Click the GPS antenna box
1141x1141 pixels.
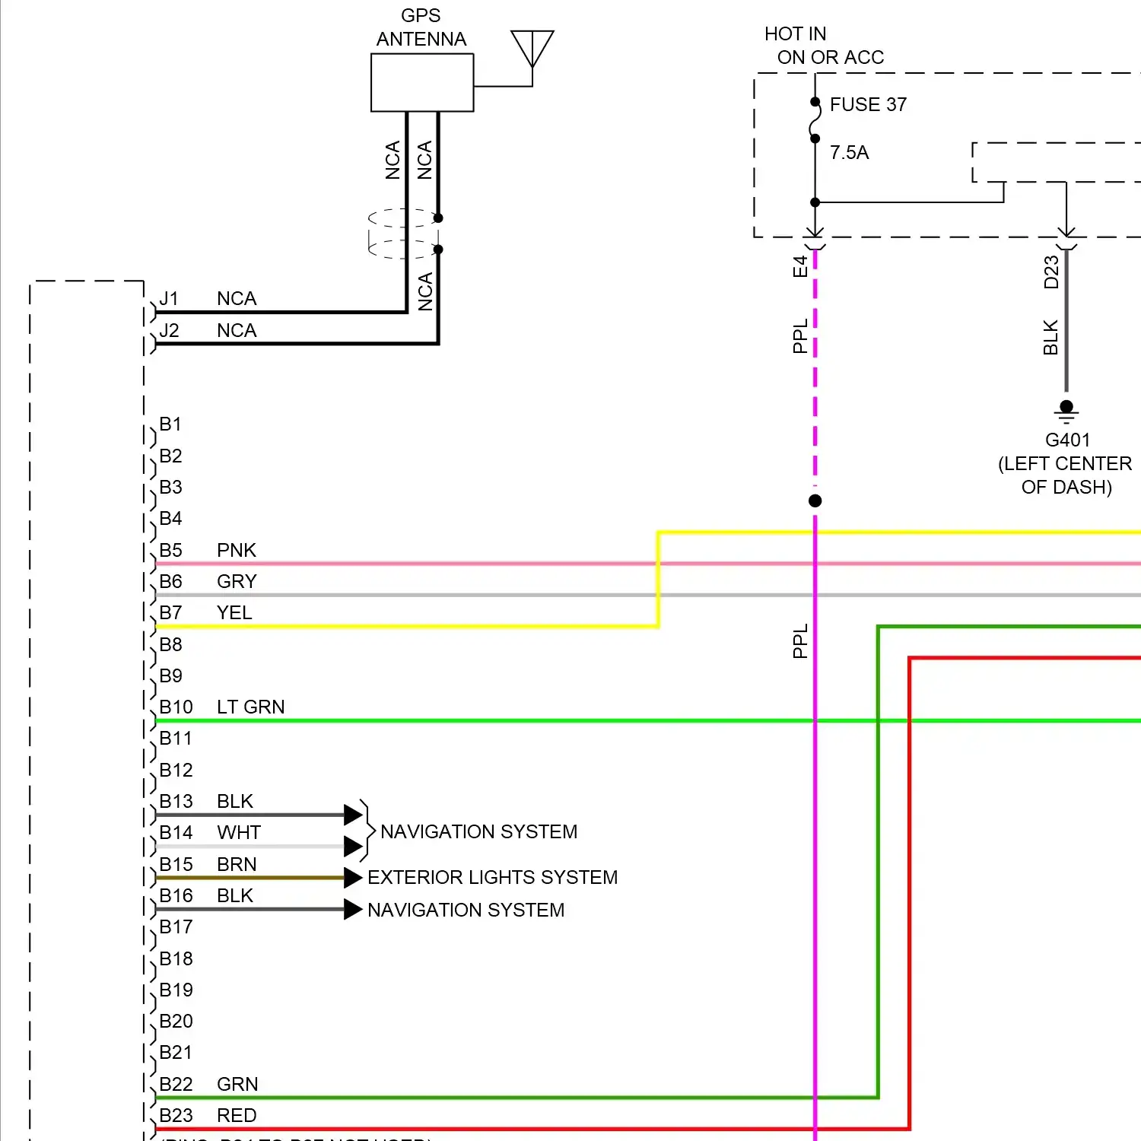pos(422,82)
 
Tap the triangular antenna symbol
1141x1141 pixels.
pos(532,47)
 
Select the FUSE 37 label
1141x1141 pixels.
pos(868,104)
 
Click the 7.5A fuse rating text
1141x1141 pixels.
pos(849,152)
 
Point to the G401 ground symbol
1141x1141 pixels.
pos(1066,411)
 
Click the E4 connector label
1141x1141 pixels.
pos(799,266)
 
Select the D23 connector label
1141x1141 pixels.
pos(1051,272)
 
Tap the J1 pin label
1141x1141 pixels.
pos(169,298)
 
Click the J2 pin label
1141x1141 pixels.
pos(169,330)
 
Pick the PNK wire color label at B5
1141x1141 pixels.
pos(236,550)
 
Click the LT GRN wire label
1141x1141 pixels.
pos(250,707)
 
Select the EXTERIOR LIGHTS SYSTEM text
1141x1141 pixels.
pos(492,877)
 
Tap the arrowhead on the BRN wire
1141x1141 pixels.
pos(352,878)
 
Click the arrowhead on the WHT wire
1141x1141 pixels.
pos(352,846)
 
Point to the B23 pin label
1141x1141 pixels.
pos(176,1115)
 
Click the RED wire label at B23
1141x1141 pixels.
pos(237,1115)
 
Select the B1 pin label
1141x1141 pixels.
pos(170,424)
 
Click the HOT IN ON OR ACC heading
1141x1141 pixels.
pos(824,46)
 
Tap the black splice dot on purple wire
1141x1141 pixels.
pos(815,501)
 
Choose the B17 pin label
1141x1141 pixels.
pos(176,926)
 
